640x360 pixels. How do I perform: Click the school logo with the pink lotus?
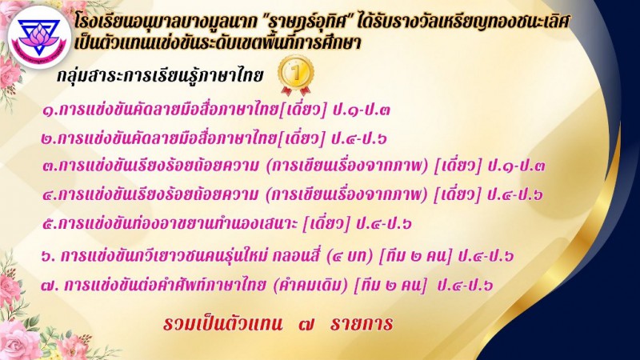coord(39,37)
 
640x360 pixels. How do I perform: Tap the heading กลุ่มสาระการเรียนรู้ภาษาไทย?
coord(160,76)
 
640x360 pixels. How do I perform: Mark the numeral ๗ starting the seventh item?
coord(47,286)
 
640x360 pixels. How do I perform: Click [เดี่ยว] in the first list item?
coord(303,110)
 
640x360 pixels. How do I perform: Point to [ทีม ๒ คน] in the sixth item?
coord(415,256)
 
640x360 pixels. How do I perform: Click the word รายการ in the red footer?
coord(362,324)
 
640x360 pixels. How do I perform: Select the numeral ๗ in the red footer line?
coord(306,325)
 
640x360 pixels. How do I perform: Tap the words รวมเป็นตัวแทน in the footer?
coord(222,323)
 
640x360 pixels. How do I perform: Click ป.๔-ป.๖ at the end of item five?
coord(384,224)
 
